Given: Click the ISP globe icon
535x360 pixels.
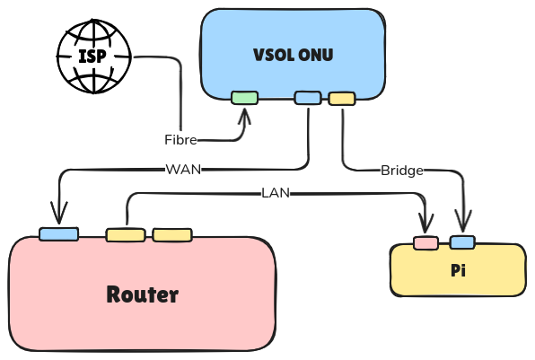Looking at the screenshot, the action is (x=94, y=57).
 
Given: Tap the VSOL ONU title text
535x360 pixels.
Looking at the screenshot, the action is (x=294, y=55).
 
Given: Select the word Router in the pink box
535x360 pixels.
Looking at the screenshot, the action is (x=143, y=294).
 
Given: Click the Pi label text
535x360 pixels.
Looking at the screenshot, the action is (x=458, y=270).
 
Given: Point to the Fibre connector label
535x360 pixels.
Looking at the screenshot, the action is (x=180, y=140).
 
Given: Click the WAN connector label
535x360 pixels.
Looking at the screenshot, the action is (x=183, y=170).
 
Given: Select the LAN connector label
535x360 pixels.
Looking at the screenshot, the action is (x=276, y=193).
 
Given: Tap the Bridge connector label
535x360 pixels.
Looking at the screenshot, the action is (x=402, y=171).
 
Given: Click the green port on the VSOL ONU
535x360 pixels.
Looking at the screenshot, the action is (x=245, y=98).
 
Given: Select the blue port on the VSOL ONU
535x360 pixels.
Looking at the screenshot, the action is (x=308, y=98).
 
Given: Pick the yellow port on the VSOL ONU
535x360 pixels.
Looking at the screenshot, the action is (x=342, y=99).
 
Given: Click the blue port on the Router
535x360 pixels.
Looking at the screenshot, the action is (x=58, y=234).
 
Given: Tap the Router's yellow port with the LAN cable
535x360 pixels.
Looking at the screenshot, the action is (x=126, y=235).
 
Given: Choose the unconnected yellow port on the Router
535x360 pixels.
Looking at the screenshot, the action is (x=172, y=235).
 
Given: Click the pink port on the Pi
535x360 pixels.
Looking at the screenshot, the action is (x=425, y=243).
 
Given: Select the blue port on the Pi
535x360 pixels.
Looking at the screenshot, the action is (x=462, y=242).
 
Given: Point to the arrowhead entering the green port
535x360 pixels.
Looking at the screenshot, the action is (x=244, y=115).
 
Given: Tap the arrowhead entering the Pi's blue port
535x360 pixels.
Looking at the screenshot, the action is (x=462, y=221).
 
